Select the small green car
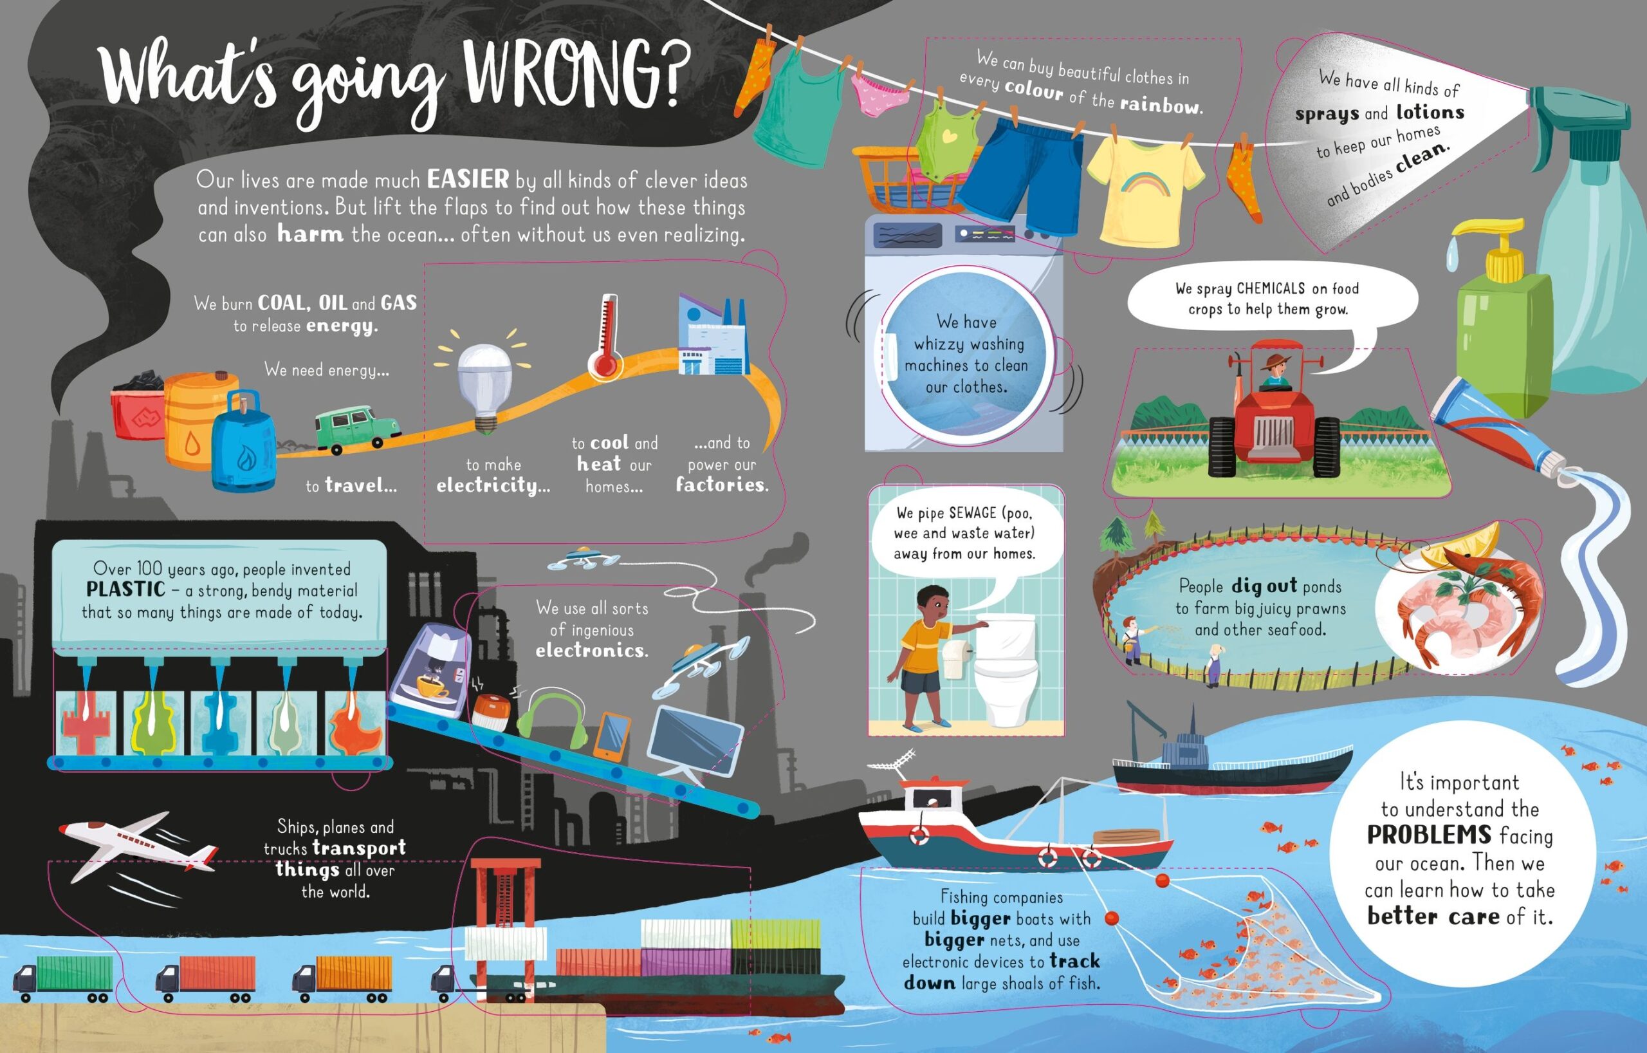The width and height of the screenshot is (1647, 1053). click(x=357, y=430)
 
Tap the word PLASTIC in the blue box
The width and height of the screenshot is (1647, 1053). click(x=126, y=589)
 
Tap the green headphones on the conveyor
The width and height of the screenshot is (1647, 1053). click(x=552, y=721)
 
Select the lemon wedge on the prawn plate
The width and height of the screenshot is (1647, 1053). click(x=1462, y=543)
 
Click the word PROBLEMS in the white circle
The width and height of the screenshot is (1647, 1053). click(x=1429, y=835)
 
